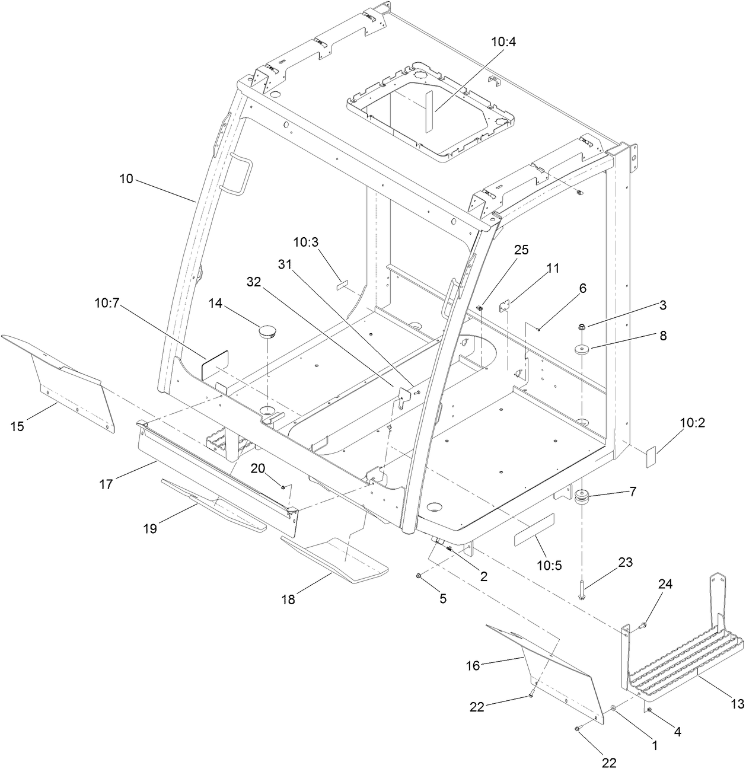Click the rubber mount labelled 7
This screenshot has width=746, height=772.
point(582,497)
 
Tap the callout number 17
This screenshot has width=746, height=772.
point(106,484)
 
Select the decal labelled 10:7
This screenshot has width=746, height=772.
point(215,364)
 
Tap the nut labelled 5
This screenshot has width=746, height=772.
point(419,576)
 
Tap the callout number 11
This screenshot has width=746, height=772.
point(552,268)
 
